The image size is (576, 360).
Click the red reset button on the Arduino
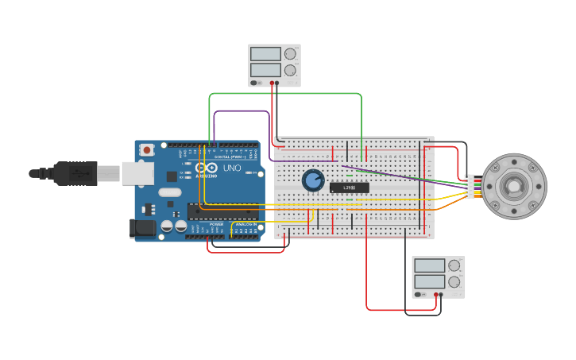coord(147,149)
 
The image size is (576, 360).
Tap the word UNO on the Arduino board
coord(232,168)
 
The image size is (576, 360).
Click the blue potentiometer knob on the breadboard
coord(313,180)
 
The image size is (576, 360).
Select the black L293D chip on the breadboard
coord(350,188)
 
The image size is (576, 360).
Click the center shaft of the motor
coord(514,187)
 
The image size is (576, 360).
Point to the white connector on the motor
coord(470,187)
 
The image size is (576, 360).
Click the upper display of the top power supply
coord(265,54)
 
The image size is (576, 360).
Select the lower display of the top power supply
coord(265,70)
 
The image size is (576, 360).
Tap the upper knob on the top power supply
coord(290,54)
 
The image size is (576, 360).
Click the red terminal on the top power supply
coord(272,83)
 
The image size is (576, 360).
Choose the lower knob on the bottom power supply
coord(454,281)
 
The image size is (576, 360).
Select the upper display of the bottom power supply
coord(429,265)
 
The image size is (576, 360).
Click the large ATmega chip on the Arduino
coord(222,211)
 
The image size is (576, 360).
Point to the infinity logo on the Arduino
coord(207,168)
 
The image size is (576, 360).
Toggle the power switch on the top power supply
coord(254,83)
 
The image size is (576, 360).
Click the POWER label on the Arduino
coord(216,225)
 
